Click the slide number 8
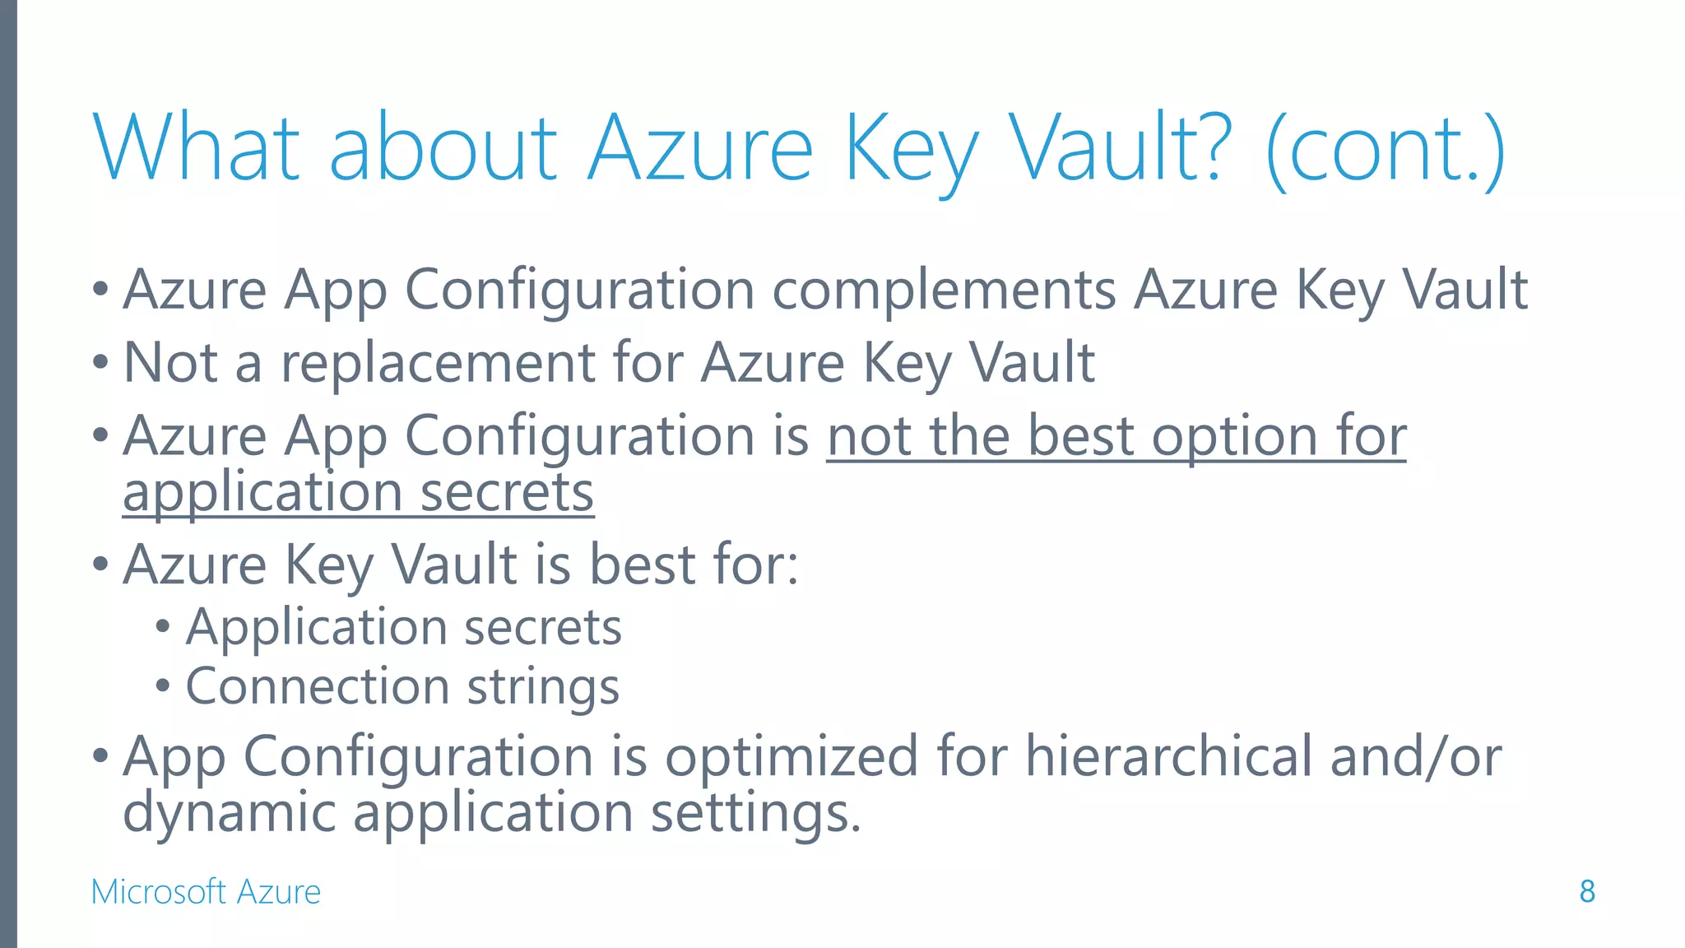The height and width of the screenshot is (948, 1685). (x=1587, y=891)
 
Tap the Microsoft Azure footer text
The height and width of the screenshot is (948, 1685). (x=206, y=892)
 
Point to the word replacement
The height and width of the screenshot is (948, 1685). (x=437, y=363)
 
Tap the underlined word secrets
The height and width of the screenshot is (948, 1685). (x=507, y=492)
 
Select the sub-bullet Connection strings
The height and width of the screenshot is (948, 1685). (x=402, y=686)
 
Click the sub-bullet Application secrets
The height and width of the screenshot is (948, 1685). (x=403, y=628)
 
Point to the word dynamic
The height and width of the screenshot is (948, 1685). (x=229, y=812)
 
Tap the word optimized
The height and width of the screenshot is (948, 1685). (x=791, y=756)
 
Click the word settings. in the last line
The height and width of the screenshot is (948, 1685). (x=755, y=813)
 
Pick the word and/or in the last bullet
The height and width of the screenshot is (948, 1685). (x=1415, y=756)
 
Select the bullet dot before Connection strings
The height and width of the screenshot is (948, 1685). (x=163, y=685)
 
